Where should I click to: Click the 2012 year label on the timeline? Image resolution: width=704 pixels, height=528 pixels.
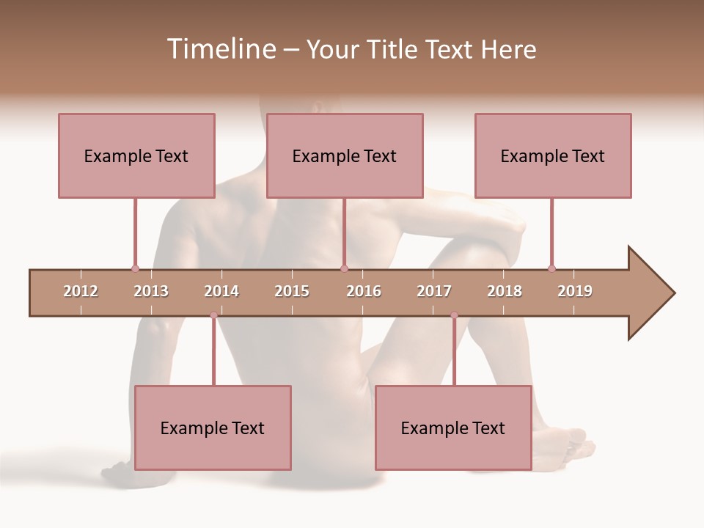pos(81,292)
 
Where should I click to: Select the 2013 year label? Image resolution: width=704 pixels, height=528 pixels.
pos(151,292)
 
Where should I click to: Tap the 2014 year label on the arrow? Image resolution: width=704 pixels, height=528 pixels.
pos(221,292)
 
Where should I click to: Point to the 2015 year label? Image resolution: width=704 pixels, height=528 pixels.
pos(292,292)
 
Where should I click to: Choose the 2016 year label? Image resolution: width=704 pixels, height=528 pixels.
pos(364,292)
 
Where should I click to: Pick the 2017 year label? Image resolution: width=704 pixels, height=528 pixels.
pos(434,292)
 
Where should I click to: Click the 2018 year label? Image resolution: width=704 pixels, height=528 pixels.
pos(505,292)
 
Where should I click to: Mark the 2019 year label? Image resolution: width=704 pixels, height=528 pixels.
pos(575,292)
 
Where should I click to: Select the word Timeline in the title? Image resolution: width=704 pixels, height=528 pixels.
pos(220,49)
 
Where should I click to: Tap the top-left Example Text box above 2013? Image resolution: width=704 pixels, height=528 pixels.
pos(136,155)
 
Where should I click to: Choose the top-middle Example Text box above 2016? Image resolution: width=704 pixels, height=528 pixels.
pos(345,155)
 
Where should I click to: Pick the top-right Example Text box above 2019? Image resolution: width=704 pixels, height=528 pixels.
pos(553,155)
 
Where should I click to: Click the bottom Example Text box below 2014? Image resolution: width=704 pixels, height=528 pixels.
pos(213,428)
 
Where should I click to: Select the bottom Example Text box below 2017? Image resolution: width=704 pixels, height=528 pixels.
pos(453,428)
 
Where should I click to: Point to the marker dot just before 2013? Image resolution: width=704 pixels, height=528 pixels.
pos(135,268)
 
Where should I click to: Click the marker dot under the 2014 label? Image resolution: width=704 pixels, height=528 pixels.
pos(213,315)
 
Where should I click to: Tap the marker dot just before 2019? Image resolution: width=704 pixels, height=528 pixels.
pos(551,268)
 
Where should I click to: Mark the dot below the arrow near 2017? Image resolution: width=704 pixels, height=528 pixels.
pos(454,315)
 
